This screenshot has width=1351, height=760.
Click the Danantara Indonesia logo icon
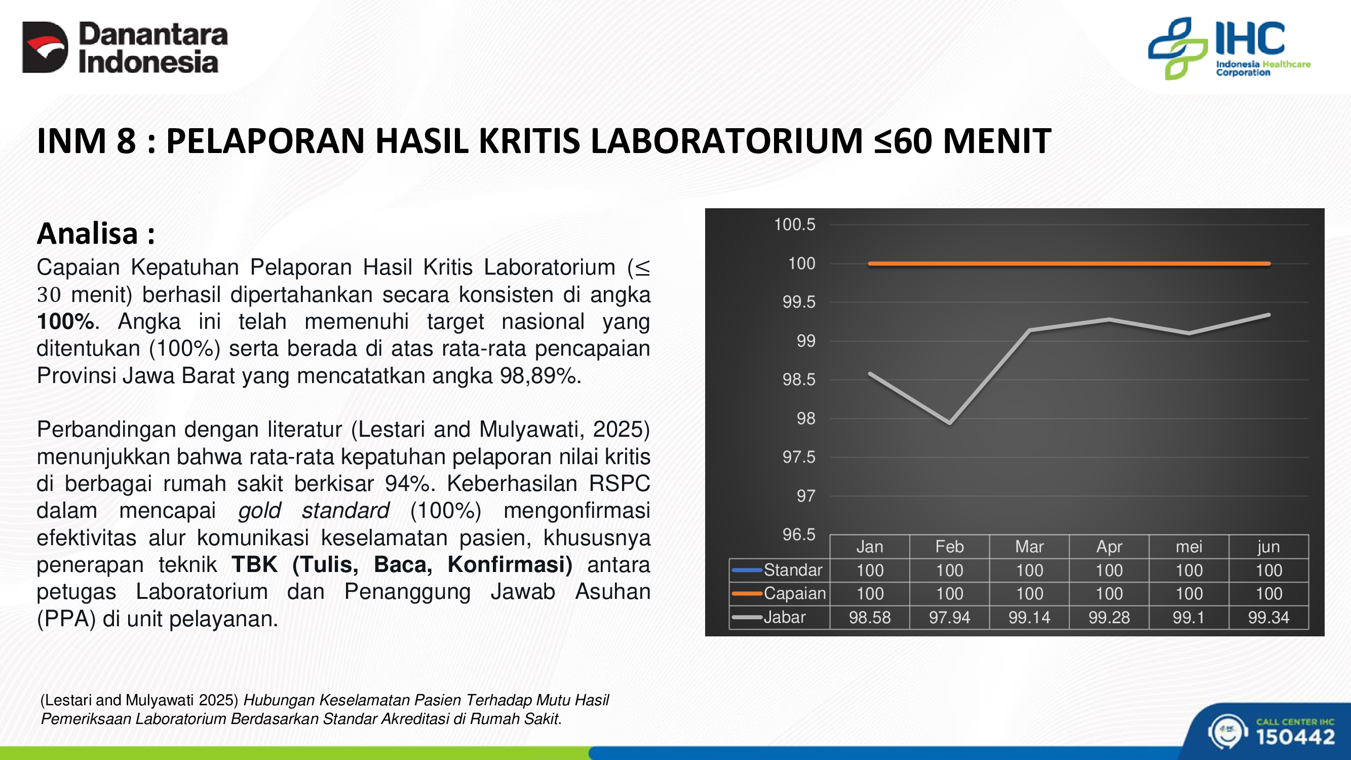(x=45, y=47)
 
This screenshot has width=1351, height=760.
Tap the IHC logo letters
(x=1250, y=39)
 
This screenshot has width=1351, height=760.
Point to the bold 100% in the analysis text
(x=65, y=322)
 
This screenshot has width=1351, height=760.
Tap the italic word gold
(x=259, y=510)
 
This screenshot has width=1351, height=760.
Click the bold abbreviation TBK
(x=255, y=564)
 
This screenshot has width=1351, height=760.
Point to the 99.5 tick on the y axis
(x=799, y=302)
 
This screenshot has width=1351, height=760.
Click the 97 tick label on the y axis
(x=806, y=496)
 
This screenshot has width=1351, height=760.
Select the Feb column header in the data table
(x=949, y=547)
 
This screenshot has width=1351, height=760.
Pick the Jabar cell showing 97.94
(x=949, y=617)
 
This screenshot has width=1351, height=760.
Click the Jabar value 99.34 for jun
(x=1268, y=617)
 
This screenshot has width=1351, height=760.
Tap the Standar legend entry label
(x=792, y=569)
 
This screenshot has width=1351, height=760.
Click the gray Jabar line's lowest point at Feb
(x=950, y=423)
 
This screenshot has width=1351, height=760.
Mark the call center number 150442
(x=1295, y=737)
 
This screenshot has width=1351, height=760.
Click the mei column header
(x=1188, y=547)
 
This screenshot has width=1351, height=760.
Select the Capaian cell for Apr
(x=1109, y=594)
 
